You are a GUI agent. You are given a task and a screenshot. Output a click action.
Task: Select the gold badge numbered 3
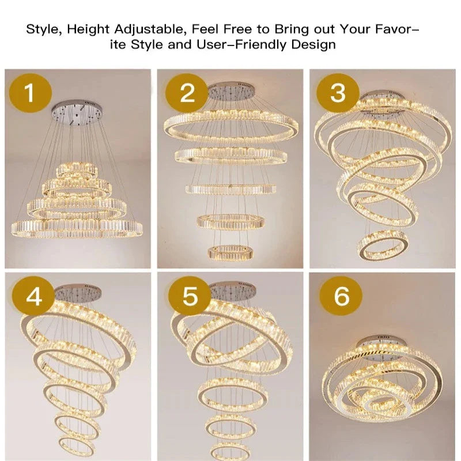coord(338,93)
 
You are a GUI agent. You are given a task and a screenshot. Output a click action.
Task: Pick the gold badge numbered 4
coord(34,297)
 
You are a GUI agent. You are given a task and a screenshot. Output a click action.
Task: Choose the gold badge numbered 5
coord(190,297)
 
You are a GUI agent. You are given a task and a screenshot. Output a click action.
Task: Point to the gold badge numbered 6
coord(342,297)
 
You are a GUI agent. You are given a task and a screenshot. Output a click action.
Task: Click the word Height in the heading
coord(87,29)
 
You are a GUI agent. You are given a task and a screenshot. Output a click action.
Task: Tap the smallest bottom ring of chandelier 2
coord(229,252)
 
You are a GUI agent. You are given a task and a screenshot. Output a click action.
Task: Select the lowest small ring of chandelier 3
coord(382,245)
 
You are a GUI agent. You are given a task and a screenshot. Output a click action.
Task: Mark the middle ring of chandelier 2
coord(231,190)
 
